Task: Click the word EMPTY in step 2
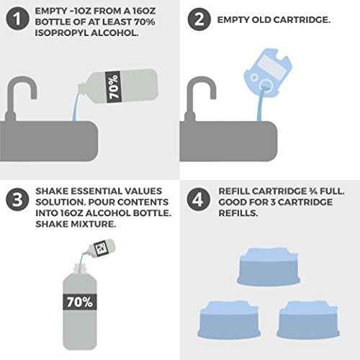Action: pyautogui.click(x=236, y=19)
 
